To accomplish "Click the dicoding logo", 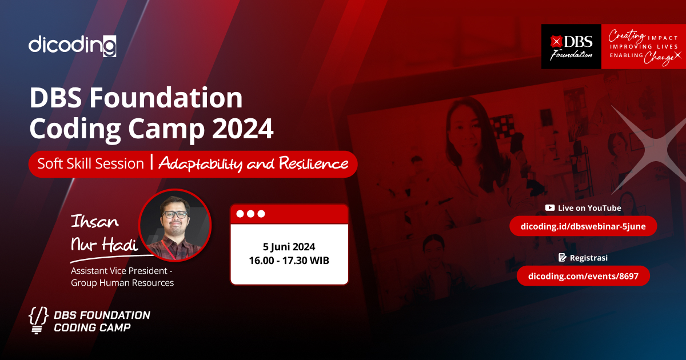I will point(73,45).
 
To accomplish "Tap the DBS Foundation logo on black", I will point(571,47).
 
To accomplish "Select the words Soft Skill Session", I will point(90,163).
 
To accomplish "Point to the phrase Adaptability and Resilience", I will point(253,164).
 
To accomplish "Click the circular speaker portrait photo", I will point(175,225).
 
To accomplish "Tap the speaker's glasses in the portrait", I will point(174,215).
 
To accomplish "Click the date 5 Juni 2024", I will point(289,247).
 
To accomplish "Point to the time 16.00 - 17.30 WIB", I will point(289,261).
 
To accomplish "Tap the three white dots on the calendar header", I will point(250,214).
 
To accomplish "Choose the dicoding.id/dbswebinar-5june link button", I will point(583,226).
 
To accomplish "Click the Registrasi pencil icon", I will point(562,258).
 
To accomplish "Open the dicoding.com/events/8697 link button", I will point(583,276).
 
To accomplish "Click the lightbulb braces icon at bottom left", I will point(38,321).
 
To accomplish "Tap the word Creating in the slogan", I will point(627,34).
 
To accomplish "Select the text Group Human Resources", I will point(122,282).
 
